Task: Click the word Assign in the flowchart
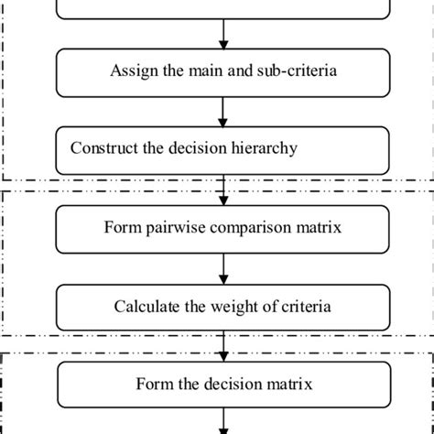(133, 71)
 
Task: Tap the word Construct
(103, 148)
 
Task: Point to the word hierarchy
(264, 148)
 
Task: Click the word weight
(233, 306)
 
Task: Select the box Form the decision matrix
(223, 385)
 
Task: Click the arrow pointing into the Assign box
(223, 35)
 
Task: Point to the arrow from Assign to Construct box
(223, 112)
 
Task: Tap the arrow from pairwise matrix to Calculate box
(223, 268)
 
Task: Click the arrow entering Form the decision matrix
(223, 347)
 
